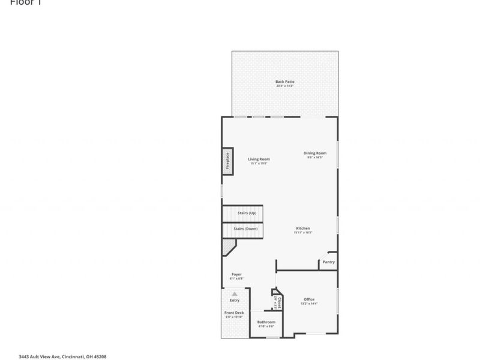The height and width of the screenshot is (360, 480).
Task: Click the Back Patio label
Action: pos(284,82)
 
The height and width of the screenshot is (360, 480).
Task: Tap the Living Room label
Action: pos(259,159)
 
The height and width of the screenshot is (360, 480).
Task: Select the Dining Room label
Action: pos(314,153)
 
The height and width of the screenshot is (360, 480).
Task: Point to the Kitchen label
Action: pos(303,229)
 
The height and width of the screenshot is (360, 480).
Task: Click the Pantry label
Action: pos(328,262)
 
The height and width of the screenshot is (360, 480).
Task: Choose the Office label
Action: pos(309,299)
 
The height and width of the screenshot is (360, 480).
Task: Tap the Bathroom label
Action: pos(266,322)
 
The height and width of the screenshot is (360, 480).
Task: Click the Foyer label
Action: pos(236,274)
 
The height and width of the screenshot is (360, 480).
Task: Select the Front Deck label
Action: pos(233,313)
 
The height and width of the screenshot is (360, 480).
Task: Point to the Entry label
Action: pos(234,300)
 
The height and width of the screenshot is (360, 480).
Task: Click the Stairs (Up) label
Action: pos(247,213)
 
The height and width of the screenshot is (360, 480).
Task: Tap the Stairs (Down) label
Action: pos(247,229)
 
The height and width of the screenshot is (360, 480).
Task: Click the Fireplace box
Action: pos(228,161)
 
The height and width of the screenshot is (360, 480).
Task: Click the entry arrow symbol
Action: pos(235,293)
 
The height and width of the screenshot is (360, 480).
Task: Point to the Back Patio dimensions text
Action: pos(284,86)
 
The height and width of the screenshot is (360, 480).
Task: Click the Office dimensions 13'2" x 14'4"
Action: pos(309,304)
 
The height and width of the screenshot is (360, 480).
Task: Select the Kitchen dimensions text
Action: pos(303,233)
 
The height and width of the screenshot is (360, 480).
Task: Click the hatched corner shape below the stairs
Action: pos(229,247)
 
